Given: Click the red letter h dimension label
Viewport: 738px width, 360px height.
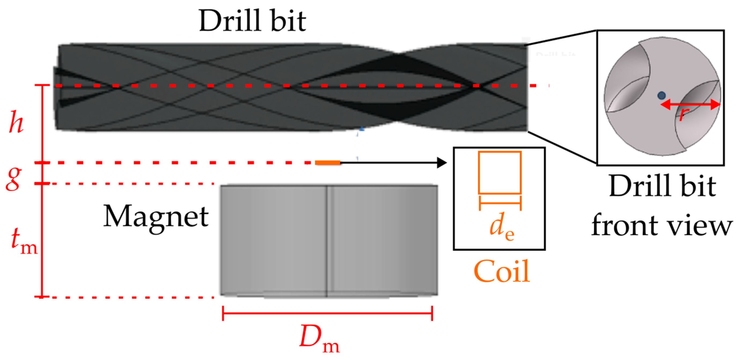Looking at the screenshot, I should (x=16, y=123).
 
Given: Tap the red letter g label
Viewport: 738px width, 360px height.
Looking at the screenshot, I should (x=13, y=178).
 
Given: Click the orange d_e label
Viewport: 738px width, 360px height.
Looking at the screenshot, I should (x=502, y=226).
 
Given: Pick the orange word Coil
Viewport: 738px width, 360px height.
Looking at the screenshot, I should (x=501, y=271).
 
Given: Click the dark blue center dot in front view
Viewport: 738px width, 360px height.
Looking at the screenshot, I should (x=661, y=96).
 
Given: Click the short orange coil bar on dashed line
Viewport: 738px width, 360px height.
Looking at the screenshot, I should (x=328, y=163).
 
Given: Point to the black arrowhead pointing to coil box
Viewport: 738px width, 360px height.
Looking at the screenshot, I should (x=441, y=163).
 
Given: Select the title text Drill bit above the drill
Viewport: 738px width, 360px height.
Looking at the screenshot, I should (x=252, y=21).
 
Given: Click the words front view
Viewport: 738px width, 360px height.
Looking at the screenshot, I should (x=662, y=226).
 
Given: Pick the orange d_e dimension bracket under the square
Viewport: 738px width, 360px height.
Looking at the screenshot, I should (x=500, y=203).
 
